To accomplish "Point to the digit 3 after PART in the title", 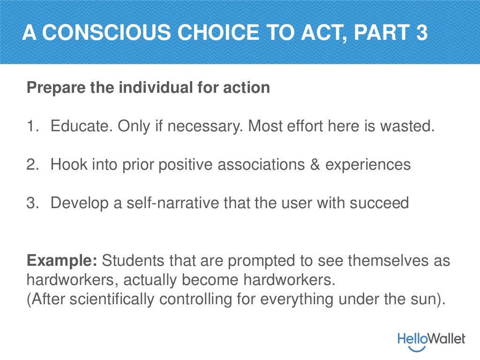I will point(420,33).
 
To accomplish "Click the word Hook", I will point(66,165).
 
